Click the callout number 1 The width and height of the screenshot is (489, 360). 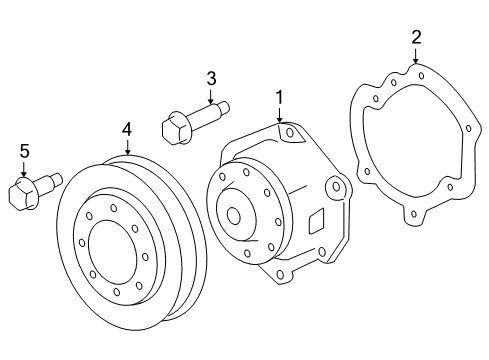click(x=280, y=97)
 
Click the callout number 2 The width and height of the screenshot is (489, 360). click(x=416, y=37)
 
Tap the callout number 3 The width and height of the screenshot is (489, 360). click(x=211, y=78)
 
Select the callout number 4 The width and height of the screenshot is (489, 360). click(x=127, y=129)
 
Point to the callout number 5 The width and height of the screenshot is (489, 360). click(x=25, y=151)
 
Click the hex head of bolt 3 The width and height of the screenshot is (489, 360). click(x=176, y=128)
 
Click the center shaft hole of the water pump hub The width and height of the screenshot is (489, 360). click(x=234, y=214)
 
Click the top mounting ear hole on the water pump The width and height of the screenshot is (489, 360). click(x=289, y=132)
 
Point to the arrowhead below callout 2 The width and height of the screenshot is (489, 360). click(x=416, y=62)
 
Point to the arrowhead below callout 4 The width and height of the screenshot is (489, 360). click(x=127, y=153)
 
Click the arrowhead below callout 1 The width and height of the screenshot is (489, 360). click(x=280, y=121)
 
